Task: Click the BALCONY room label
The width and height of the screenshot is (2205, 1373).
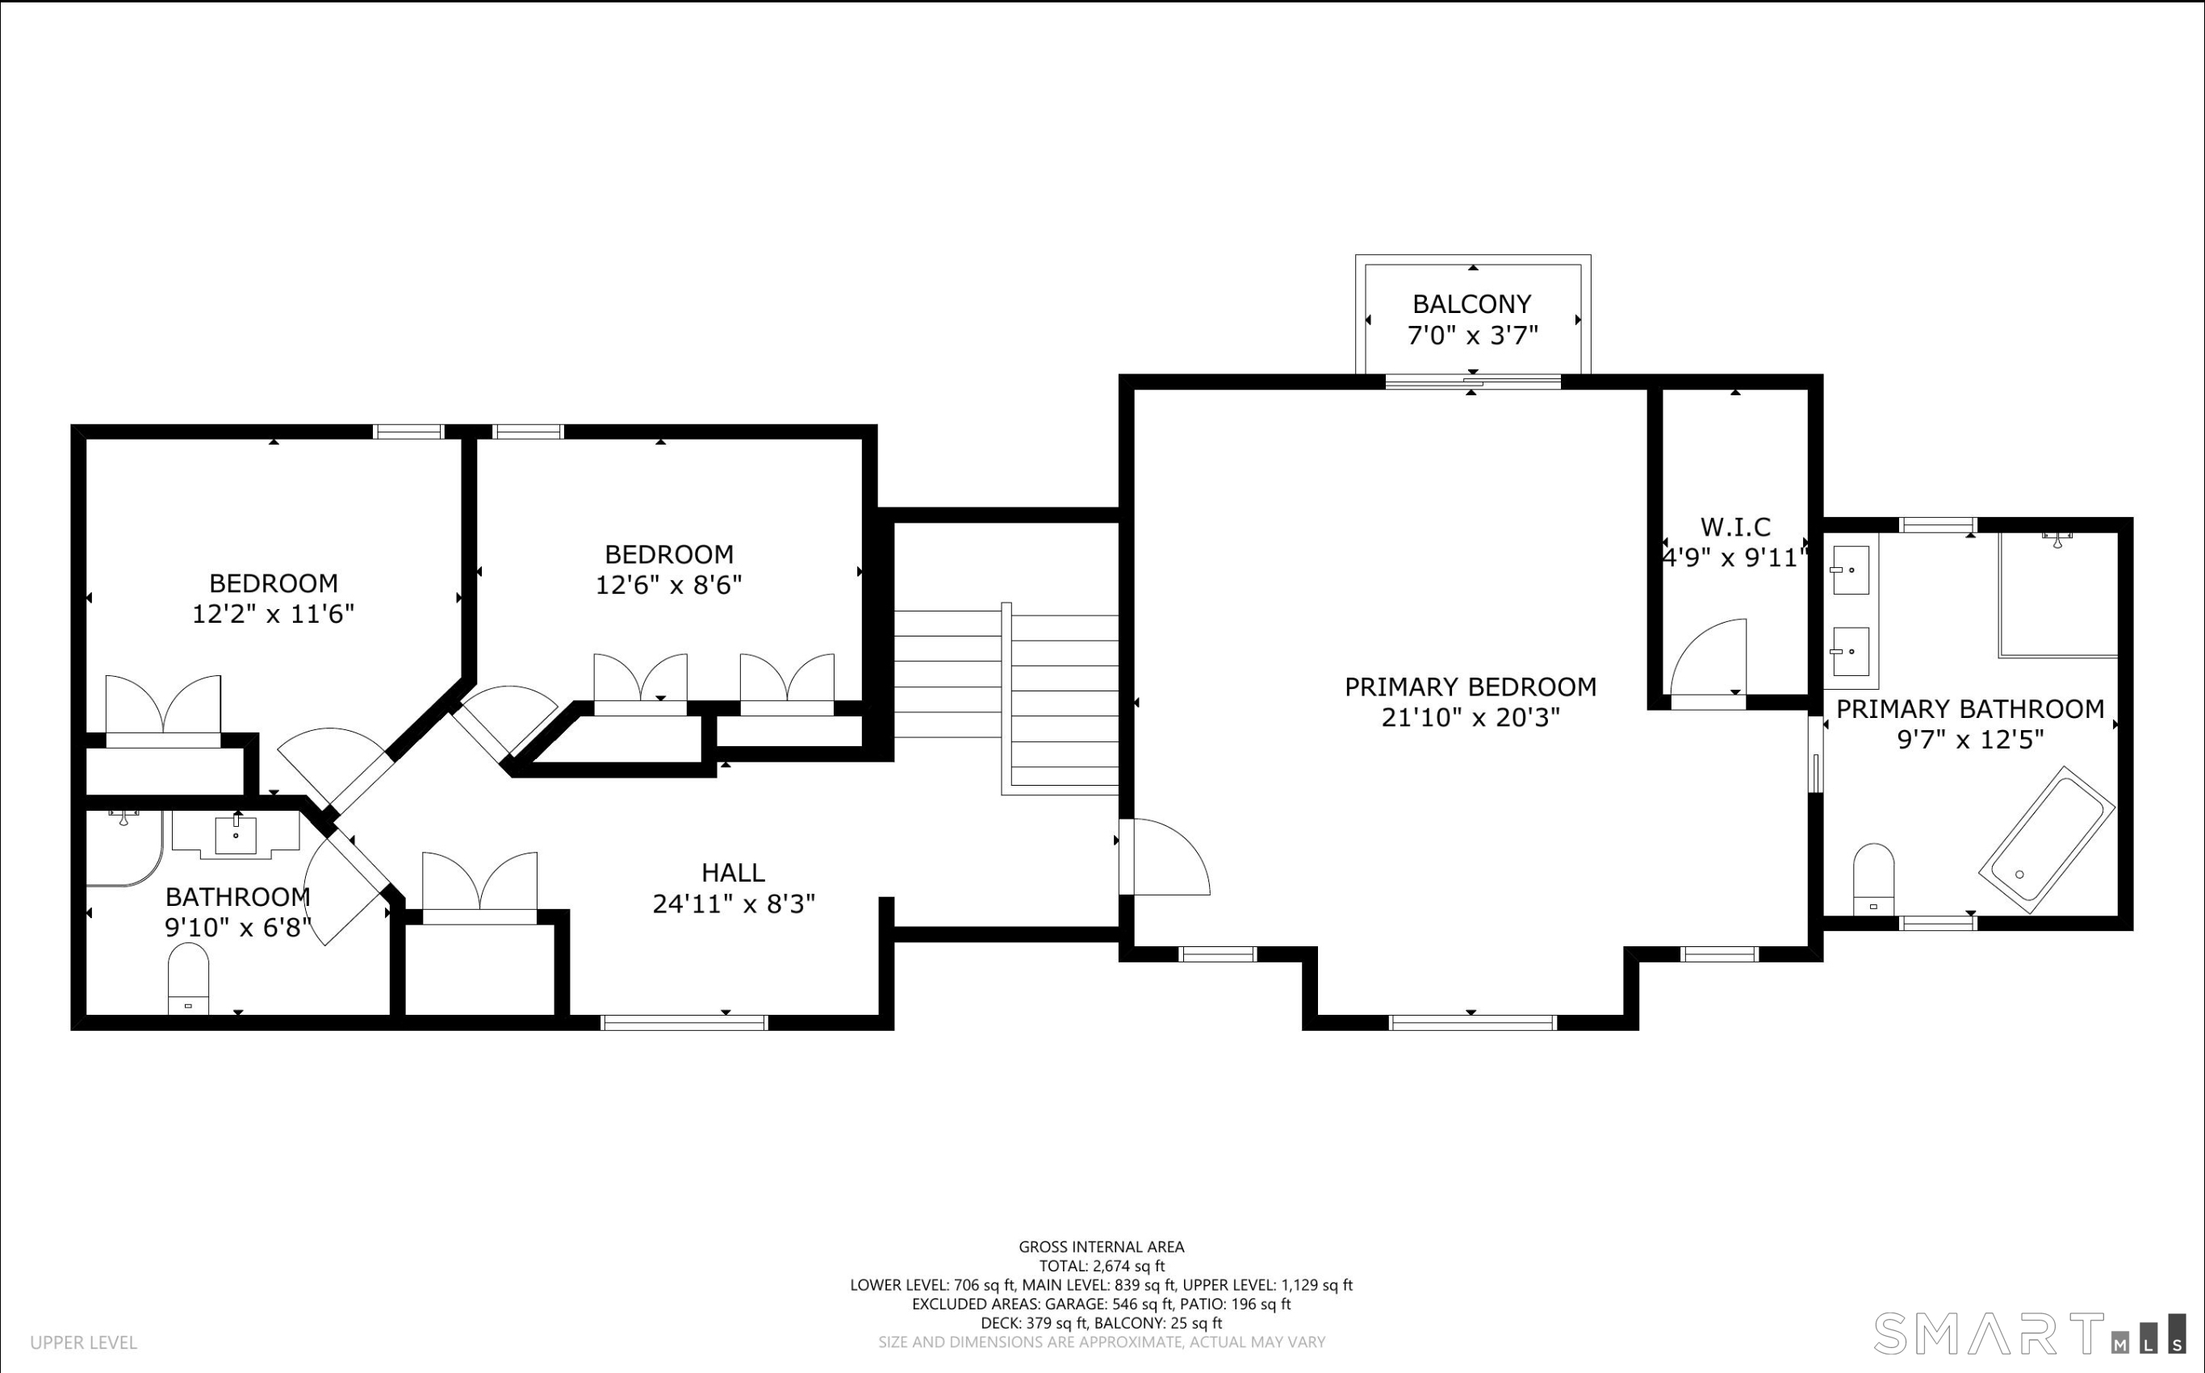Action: pyautogui.click(x=1472, y=303)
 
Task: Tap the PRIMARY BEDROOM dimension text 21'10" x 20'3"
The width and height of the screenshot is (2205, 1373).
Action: pyautogui.click(x=1471, y=717)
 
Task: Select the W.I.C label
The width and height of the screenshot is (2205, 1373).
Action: pyautogui.click(x=1735, y=527)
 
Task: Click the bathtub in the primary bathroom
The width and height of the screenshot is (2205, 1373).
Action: pyautogui.click(x=2048, y=839)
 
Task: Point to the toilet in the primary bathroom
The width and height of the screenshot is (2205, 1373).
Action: pyautogui.click(x=1873, y=879)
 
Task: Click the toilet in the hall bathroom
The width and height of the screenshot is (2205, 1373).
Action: pyautogui.click(x=188, y=978)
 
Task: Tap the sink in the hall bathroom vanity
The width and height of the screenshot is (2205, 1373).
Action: pyautogui.click(x=236, y=836)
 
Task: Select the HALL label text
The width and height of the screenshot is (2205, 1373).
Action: pyautogui.click(x=733, y=873)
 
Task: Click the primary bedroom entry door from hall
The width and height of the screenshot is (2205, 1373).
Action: pyautogui.click(x=1165, y=856)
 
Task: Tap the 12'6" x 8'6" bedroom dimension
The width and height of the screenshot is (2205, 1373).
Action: pyautogui.click(x=668, y=585)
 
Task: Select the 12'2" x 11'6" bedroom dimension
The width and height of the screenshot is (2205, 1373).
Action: pyautogui.click(x=273, y=614)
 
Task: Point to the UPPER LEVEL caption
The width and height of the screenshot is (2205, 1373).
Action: pyautogui.click(x=84, y=1342)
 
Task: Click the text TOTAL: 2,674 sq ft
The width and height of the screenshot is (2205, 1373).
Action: pyautogui.click(x=1102, y=1266)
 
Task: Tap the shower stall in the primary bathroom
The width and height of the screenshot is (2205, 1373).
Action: pyautogui.click(x=2059, y=595)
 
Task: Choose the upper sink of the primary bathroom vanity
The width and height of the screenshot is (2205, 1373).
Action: pyautogui.click(x=1850, y=570)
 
